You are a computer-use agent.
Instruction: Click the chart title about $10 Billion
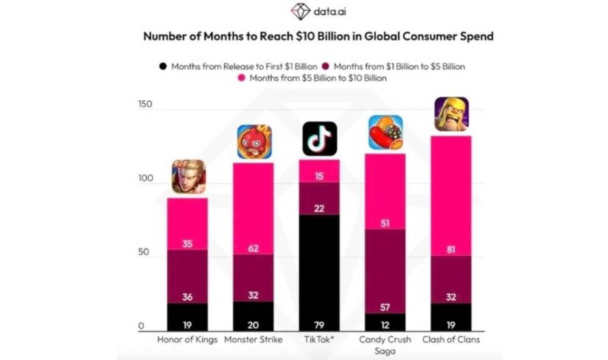tap(318, 36)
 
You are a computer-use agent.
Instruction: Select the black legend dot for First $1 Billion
tap(163, 66)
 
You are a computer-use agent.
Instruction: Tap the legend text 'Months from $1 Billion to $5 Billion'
tap(399, 66)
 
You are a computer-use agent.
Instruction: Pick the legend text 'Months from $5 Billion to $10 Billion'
tap(318, 78)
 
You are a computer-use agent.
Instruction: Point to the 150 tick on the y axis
tap(145, 104)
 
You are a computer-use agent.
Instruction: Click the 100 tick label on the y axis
tap(145, 179)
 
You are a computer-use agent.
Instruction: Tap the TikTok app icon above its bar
tap(320, 139)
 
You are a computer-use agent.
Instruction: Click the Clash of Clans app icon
tap(451, 114)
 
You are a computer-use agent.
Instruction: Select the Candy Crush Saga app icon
tap(385, 133)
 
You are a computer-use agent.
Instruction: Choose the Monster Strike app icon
tap(254, 142)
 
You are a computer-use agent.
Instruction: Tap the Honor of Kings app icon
tap(189, 177)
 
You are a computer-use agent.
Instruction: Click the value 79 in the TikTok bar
tap(320, 325)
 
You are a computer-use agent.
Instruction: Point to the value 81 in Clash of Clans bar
tap(451, 249)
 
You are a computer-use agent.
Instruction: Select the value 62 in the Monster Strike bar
tap(254, 248)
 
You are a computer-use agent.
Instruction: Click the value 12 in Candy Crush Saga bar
tap(385, 325)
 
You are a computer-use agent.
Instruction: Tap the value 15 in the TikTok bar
tap(320, 176)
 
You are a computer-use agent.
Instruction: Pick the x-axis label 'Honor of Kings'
tap(187, 340)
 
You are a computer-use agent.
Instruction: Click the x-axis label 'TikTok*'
tap(320, 340)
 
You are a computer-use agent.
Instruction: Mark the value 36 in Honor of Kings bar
tap(188, 297)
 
